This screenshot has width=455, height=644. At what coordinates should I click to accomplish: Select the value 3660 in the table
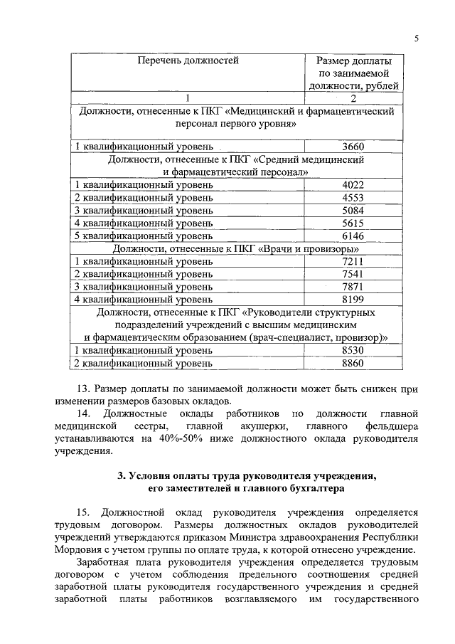coord(353,147)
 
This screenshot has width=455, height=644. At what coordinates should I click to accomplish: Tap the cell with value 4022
coord(353,185)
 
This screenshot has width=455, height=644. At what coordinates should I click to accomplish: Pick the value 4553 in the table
coord(353,198)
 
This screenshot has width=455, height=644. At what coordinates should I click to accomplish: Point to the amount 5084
coord(353,211)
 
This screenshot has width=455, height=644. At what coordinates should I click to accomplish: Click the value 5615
coord(353,223)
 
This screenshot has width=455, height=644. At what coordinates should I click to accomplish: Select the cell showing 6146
coord(353,236)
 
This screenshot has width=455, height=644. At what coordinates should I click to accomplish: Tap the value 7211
coord(353,262)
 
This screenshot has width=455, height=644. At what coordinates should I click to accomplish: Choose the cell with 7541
coord(353,274)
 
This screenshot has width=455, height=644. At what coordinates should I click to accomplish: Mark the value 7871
coord(353,287)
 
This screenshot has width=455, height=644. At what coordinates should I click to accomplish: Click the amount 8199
coord(353,300)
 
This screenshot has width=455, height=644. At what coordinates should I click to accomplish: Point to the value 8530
coord(353,351)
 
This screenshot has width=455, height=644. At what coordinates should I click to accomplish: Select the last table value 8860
coord(353,364)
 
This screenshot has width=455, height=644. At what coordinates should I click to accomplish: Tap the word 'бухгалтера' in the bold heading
coord(309,490)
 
